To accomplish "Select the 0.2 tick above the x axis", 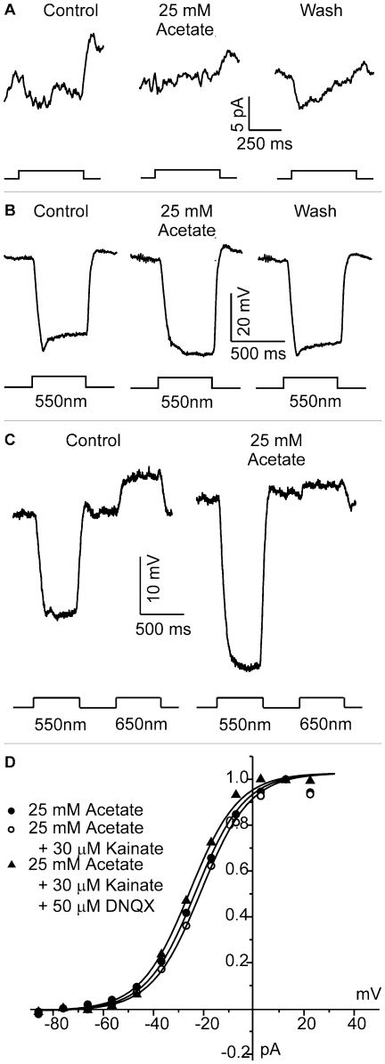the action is click(234, 962).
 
